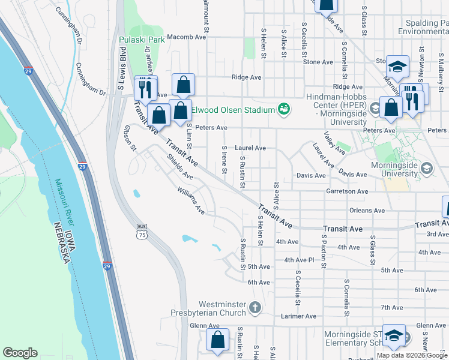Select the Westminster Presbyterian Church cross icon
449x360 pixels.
click(x=255, y=308)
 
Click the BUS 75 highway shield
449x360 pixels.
click(x=142, y=231)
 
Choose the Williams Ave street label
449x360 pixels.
click(x=191, y=200)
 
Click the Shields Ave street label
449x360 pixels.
click(x=179, y=168)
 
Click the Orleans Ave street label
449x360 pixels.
click(x=367, y=211)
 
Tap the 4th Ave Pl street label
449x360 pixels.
click(x=299, y=260)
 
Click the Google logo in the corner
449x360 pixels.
click(x=20, y=353)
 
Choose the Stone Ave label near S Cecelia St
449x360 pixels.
click(x=318, y=62)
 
